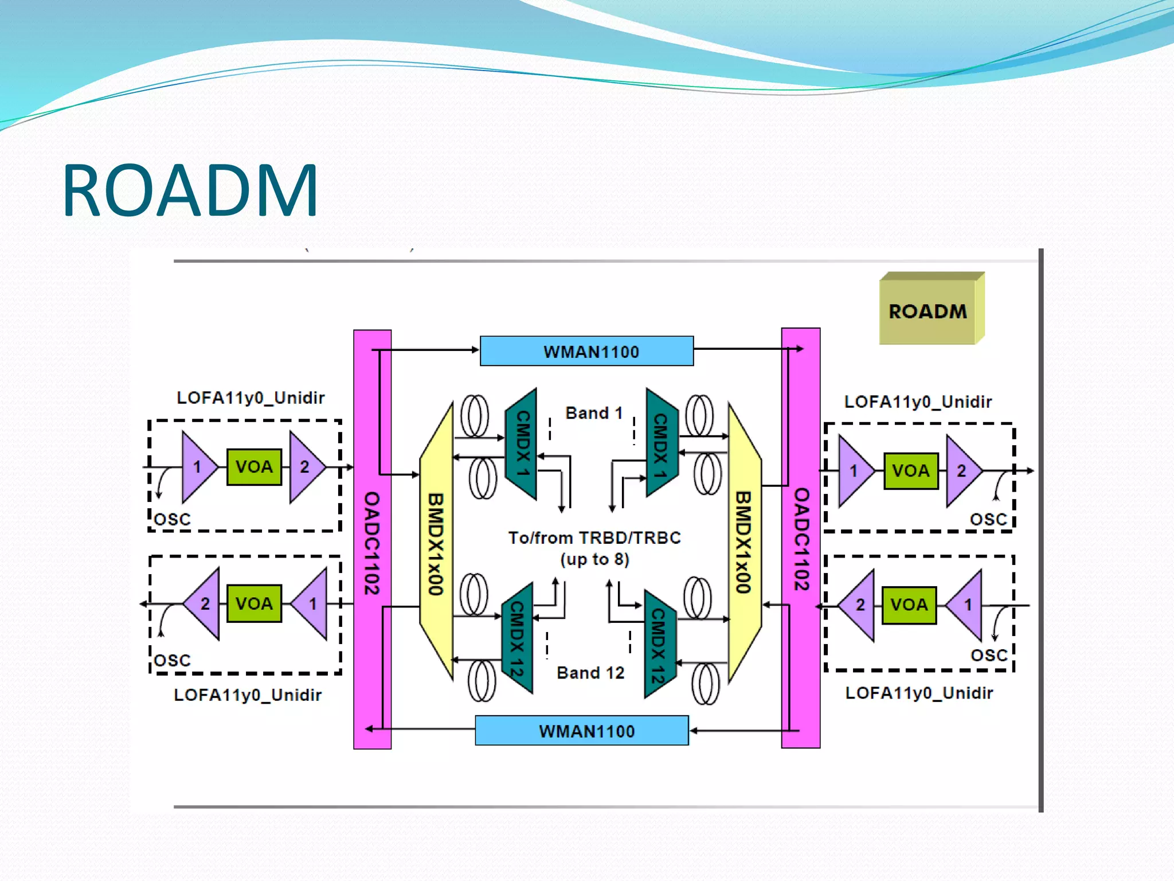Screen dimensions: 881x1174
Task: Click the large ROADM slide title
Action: [x=190, y=190]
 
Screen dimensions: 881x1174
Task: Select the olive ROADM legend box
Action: [x=929, y=311]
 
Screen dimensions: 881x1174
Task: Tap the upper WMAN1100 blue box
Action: [x=587, y=351]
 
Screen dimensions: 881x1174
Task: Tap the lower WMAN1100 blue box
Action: [x=582, y=731]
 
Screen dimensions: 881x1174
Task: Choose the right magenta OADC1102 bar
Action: [x=801, y=539]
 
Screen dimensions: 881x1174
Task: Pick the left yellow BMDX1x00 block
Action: [x=436, y=542]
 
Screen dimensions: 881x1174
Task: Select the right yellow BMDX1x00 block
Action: [x=744, y=542]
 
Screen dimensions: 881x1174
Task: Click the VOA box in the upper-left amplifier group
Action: [x=254, y=467]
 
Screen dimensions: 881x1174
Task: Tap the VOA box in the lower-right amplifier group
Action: [x=909, y=605]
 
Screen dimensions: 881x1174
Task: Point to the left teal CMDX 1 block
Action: [x=522, y=443]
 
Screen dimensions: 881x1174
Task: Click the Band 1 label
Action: [x=594, y=413]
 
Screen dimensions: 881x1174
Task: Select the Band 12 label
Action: [x=590, y=672]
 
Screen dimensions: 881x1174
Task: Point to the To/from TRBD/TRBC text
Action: [x=594, y=538]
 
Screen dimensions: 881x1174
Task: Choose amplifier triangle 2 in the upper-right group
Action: [x=962, y=471]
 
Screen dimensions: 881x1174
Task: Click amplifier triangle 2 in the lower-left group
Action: [x=205, y=603]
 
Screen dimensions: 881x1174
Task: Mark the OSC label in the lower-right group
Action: [x=989, y=655]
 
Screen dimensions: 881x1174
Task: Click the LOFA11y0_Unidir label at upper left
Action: [x=251, y=397]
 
